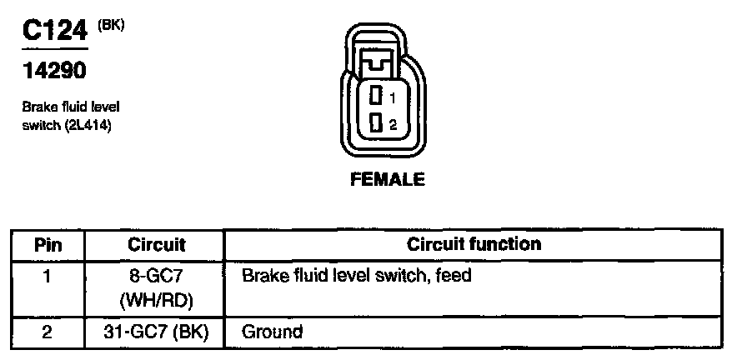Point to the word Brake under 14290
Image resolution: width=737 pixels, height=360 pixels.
[x=38, y=108]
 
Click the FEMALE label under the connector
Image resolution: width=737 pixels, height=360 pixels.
[x=388, y=179]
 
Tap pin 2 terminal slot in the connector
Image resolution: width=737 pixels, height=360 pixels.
[x=376, y=124]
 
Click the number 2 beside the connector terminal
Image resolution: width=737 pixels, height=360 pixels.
[x=393, y=125]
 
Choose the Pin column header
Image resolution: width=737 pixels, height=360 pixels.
[x=48, y=245]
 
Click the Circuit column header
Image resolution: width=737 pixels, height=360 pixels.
[x=157, y=245]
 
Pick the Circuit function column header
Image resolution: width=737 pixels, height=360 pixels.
[x=474, y=244]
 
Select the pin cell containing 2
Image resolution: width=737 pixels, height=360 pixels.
[x=48, y=332]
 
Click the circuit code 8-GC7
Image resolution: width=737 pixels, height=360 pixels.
[x=157, y=275]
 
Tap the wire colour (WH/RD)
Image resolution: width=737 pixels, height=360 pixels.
[x=157, y=298]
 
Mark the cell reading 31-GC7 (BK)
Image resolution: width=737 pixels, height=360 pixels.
[x=157, y=332]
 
